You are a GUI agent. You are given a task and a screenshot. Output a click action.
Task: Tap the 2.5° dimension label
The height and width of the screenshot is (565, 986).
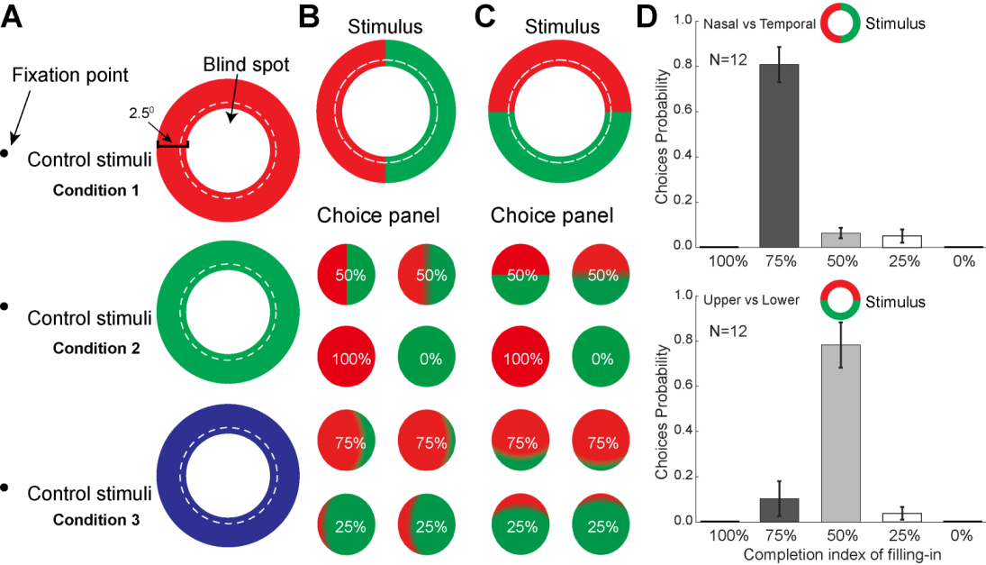140,115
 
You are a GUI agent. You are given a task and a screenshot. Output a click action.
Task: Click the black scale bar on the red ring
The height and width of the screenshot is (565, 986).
173,144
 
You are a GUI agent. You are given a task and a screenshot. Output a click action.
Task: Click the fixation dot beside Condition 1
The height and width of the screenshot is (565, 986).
5,154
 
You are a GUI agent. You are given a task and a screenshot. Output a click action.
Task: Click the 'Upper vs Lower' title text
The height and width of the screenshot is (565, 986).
754,300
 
